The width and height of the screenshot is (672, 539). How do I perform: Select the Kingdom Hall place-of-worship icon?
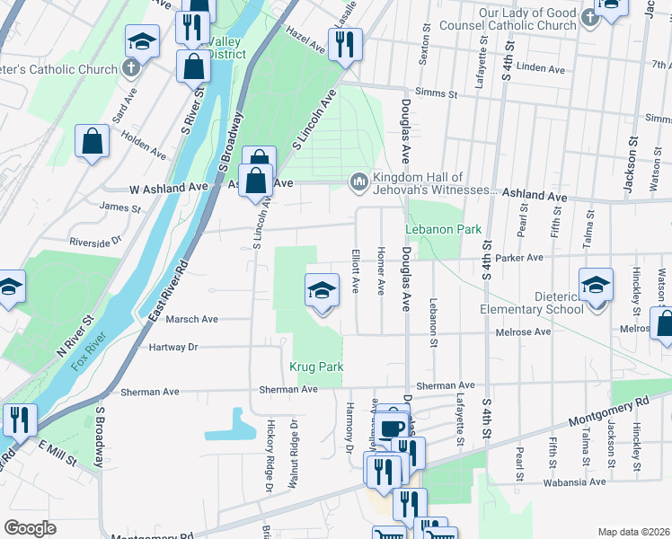tap(358, 183)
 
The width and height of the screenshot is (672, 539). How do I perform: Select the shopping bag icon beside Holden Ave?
tap(92, 141)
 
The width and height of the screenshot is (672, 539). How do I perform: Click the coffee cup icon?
tap(391, 428)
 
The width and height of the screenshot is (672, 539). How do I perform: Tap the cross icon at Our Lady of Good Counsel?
tap(588, 17)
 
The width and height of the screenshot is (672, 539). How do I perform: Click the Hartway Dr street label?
tap(168, 346)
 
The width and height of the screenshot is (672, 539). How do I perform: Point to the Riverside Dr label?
tap(95, 242)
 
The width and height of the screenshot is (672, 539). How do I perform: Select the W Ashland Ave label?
tap(169, 188)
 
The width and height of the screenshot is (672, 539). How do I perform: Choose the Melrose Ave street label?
tap(523, 331)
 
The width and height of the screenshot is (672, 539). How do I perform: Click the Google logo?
tap(30, 528)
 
